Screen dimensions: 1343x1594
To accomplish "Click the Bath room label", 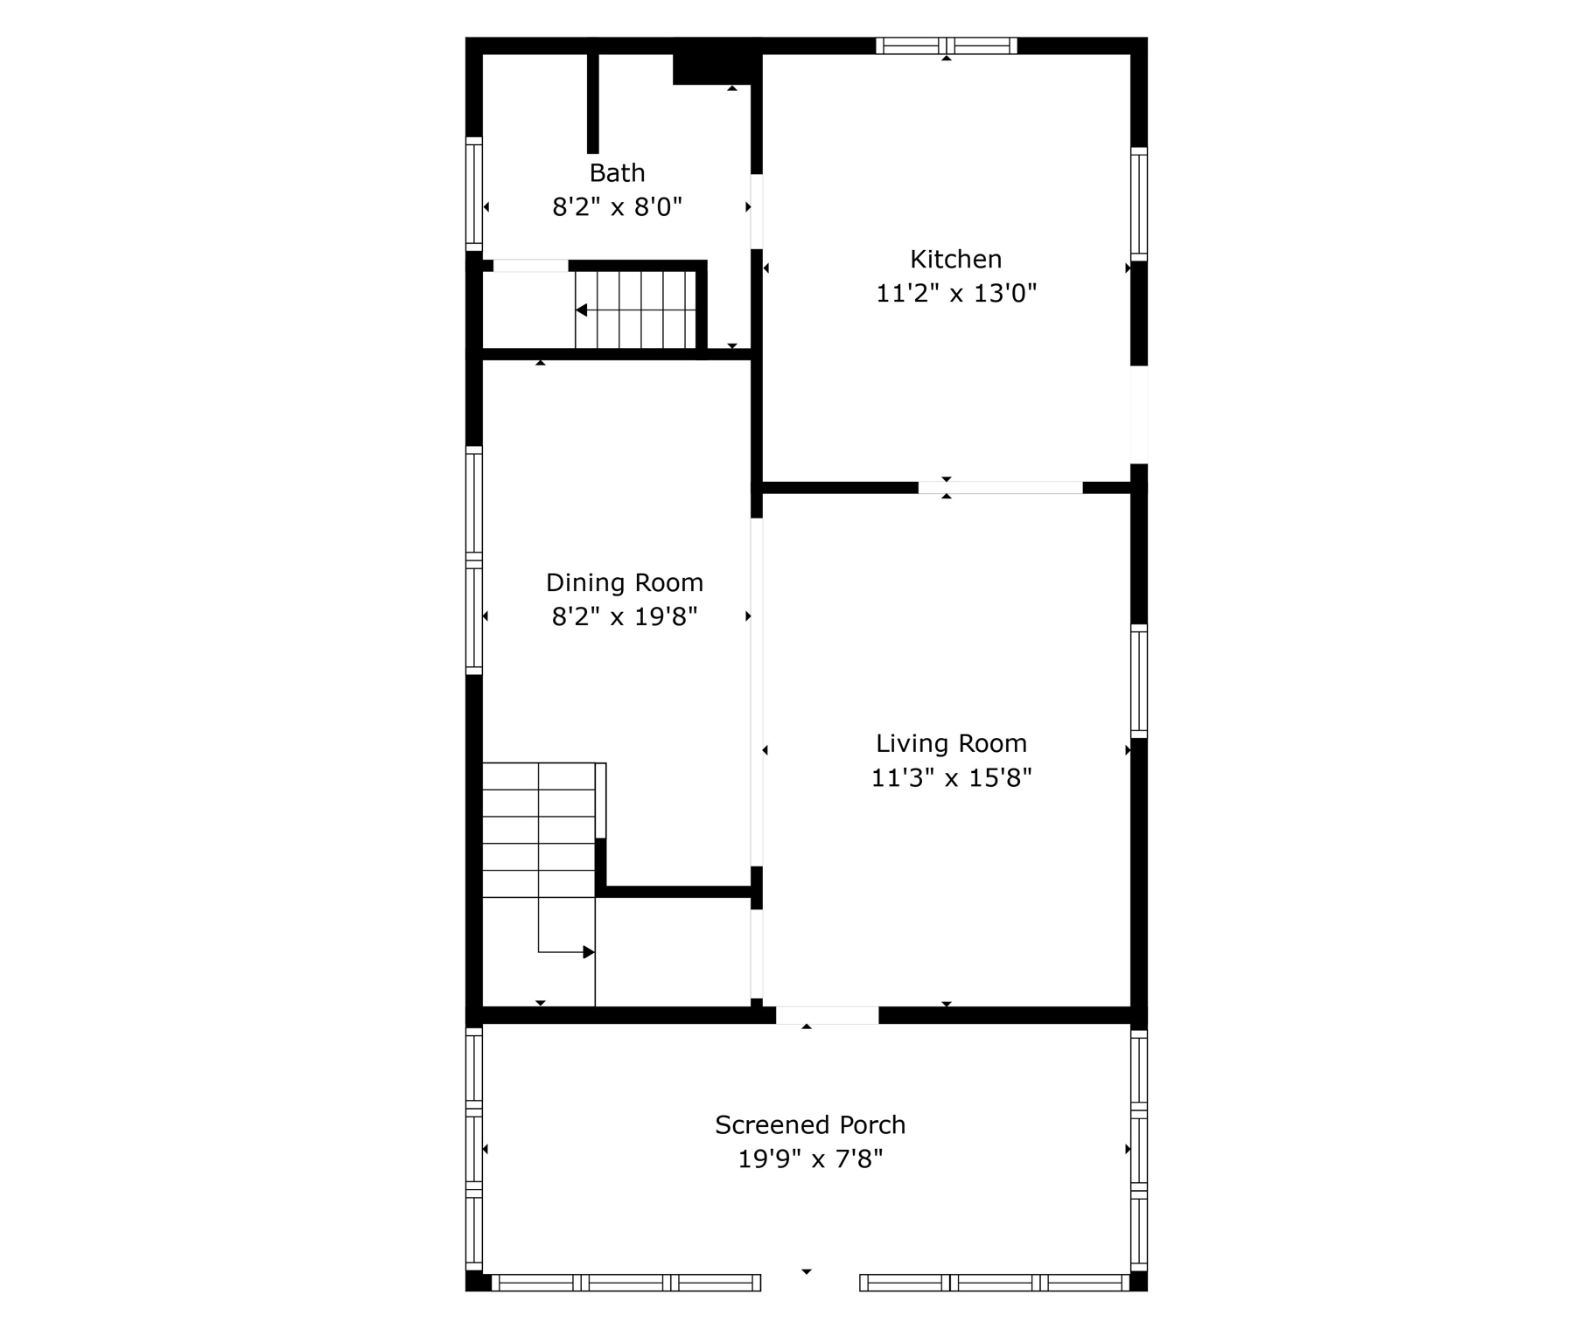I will click(617, 172).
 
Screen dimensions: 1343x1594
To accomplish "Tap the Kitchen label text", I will click(955, 259).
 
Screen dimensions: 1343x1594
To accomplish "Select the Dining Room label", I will click(624, 582).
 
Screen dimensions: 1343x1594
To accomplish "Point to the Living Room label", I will click(951, 743).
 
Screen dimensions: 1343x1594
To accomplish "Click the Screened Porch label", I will click(809, 1124).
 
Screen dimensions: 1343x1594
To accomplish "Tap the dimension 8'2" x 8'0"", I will click(617, 207).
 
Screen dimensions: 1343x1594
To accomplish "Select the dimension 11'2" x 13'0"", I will click(955, 293).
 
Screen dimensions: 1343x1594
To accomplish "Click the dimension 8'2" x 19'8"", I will click(624, 617).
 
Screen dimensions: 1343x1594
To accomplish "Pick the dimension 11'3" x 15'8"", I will click(951, 777).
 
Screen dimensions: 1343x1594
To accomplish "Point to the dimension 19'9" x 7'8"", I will click(809, 1159).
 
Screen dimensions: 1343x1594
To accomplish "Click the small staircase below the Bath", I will click(635, 310).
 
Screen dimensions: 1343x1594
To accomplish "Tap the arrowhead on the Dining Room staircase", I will click(589, 952).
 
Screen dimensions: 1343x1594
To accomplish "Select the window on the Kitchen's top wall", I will click(946, 45).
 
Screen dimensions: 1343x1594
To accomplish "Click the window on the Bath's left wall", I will click(473, 193).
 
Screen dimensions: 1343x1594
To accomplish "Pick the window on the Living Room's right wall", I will click(1138, 681).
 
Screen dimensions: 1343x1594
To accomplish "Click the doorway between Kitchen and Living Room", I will click(1000, 487).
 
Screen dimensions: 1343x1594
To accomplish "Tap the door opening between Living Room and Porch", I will click(827, 1015).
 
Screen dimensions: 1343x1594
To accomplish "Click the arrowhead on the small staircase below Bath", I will click(581, 310).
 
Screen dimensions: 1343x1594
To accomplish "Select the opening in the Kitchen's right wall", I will click(1138, 414).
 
